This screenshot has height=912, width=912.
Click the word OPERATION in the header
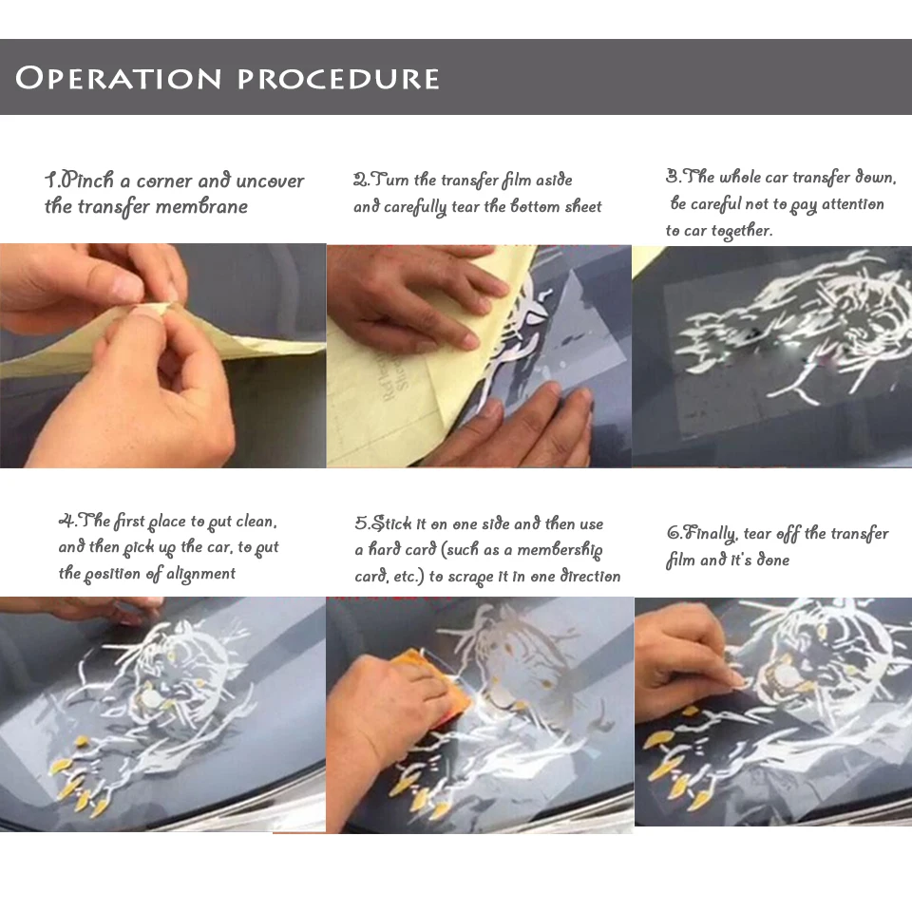119,78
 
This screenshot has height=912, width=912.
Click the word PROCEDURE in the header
338,79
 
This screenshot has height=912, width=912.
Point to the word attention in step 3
853,203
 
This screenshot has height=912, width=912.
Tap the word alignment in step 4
200,574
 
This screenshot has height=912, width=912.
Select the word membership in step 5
560,550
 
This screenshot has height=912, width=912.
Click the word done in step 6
773,560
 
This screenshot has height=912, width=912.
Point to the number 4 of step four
66,520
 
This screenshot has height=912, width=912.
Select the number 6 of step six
674,533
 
